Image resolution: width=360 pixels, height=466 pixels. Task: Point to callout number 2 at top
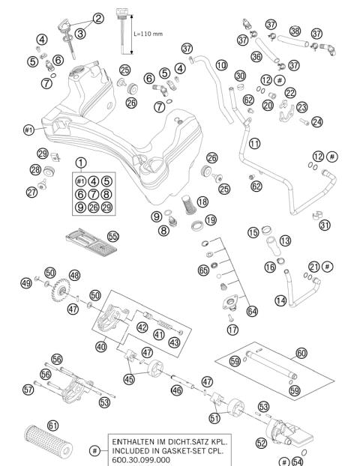[98, 17]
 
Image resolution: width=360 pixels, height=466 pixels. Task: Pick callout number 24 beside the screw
[316, 121]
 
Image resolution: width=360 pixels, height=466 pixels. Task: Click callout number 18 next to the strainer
[201, 202]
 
